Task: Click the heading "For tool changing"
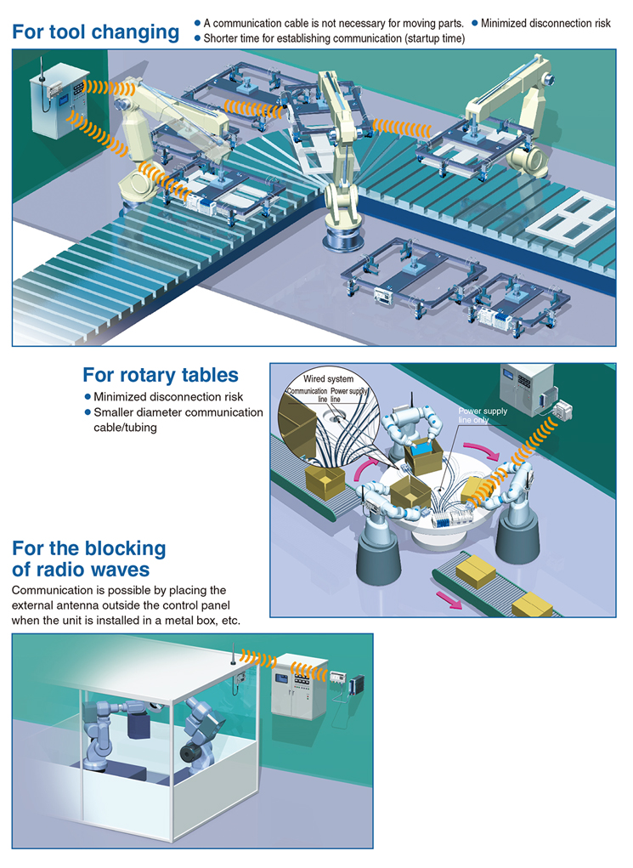click(96, 32)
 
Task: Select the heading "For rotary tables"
click(161, 375)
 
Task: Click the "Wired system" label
click(328, 378)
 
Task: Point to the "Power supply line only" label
click(483, 415)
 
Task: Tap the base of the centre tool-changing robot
click(342, 239)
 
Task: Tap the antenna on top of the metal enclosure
click(234, 653)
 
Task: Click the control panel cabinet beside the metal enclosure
click(300, 686)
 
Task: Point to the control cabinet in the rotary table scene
click(526, 389)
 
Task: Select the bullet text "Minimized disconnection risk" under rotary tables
click(168, 397)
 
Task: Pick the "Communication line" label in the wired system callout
click(308, 394)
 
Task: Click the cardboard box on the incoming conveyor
click(325, 481)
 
